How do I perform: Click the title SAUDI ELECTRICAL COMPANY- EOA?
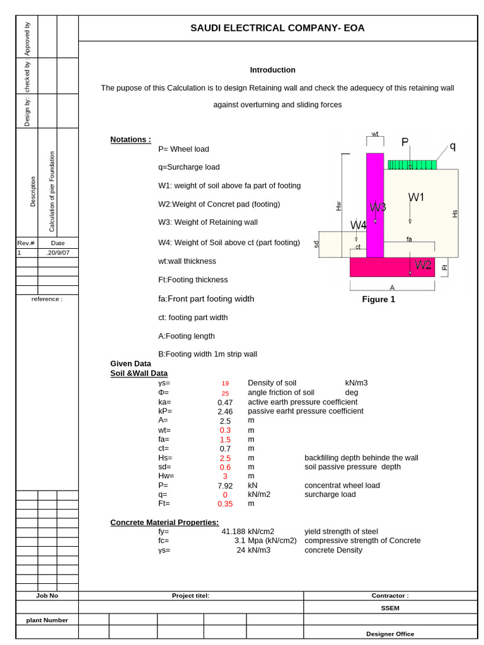click(277, 28)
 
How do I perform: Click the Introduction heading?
click(272, 70)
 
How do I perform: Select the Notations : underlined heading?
click(130, 139)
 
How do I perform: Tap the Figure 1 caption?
click(378, 299)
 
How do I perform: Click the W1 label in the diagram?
click(417, 197)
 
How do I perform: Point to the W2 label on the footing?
click(423, 265)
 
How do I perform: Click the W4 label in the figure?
click(359, 225)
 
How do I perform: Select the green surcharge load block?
click(412, 164)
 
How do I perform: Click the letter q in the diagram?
click(452, 146)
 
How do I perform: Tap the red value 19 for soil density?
click(225, 383)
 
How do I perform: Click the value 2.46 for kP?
click(225, 411)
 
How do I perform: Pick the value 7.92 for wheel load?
click(225, 486)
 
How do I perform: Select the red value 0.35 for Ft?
click(225, 504)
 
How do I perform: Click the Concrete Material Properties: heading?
click(164, 522)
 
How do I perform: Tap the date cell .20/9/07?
click(58, 253)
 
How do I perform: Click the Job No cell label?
click(47, 595)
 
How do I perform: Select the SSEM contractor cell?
click(390, 608)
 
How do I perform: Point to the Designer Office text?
click(390, 634)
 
